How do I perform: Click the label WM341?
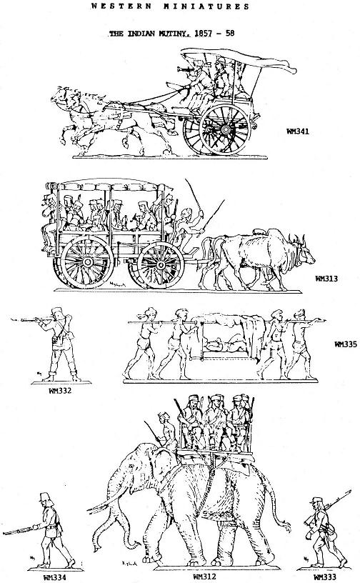pyautogui.click(x=298, y=131)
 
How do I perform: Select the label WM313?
pyautogui.click(x=326, y=278)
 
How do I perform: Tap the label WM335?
pyautogui.click(x=346, y=344)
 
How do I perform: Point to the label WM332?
pyautogui.click(x=60, y=391)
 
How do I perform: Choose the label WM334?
pyautogui.click(x=55, y=577)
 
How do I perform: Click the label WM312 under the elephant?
pyautogui.click(x=204, y=577)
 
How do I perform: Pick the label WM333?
pyautogui.click(x=325, y=577)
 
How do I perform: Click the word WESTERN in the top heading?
pyautogui.click(x=121, y=6)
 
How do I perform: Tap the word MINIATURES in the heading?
pyautogui.click(x=206, y=6)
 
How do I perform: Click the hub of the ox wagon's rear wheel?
pyautogui.click(x=88, y=262)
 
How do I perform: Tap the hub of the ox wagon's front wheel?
pyautogui.click(x=160, y=264)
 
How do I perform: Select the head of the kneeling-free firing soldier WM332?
pyautogui.click(x=58, y=314)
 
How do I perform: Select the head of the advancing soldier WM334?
pyautogui.click(x=46, y=500)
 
